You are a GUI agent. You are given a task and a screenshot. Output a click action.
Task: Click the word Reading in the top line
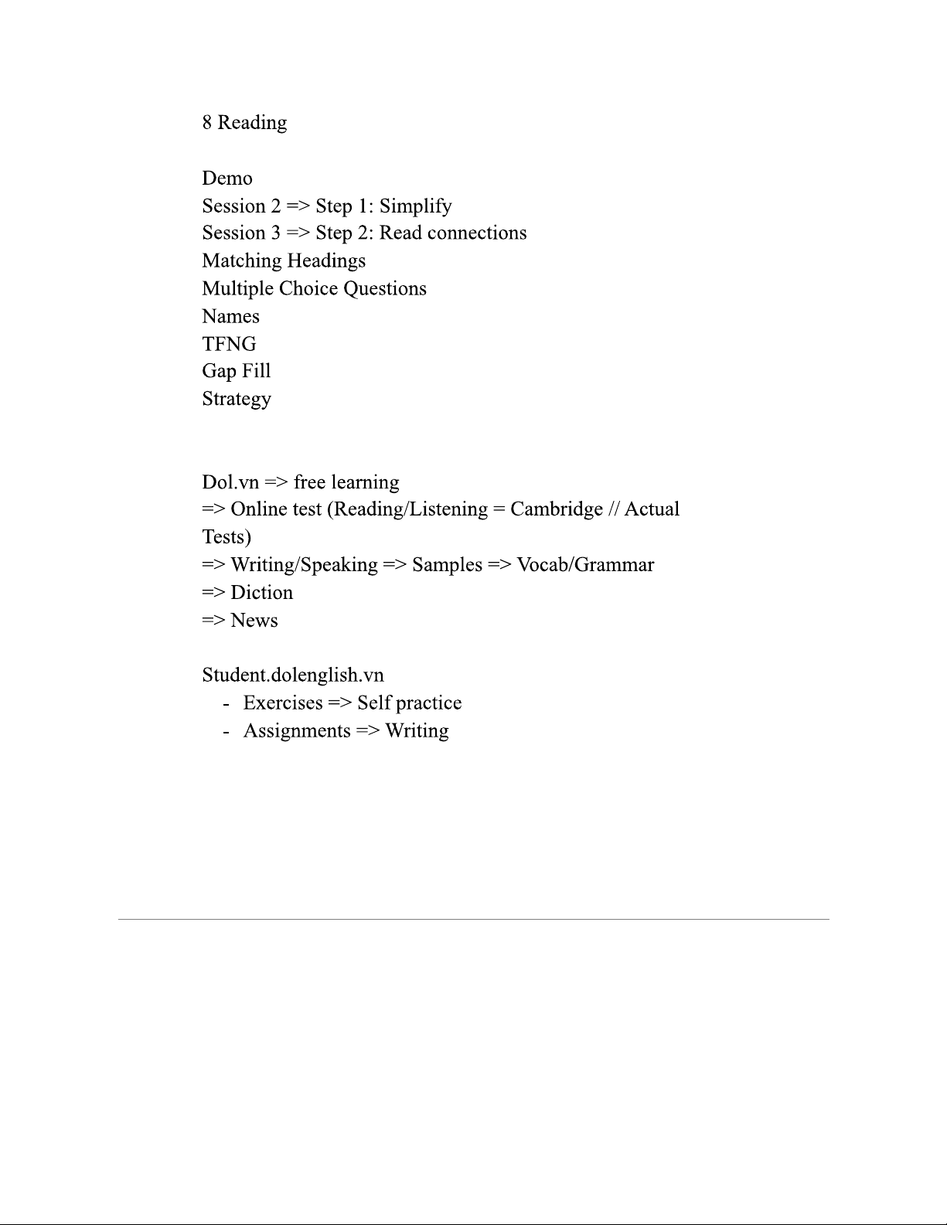coord(252,123)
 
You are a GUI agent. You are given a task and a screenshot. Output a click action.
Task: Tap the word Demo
coord(227,179)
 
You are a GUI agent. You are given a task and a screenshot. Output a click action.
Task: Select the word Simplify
coord(415,206)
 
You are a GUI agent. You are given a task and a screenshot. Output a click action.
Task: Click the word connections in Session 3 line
coord(477,233)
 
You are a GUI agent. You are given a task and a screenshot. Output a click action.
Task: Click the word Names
coord(230,317)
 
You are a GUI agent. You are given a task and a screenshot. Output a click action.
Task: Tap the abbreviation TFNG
coord(229,344)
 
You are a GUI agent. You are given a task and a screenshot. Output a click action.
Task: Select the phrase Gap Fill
coord(237,372)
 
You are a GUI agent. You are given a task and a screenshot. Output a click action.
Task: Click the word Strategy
coord(237,400)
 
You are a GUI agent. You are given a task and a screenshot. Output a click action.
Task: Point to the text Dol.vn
coord(230,482)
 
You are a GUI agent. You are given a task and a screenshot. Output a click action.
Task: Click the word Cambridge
coord(557,509)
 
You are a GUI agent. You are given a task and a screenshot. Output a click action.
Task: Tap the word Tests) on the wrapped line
coord(227,537)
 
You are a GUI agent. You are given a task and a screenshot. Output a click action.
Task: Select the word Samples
coord(447,565)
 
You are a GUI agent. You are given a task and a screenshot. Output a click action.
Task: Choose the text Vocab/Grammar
coord(585,565)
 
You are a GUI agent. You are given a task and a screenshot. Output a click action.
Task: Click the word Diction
coord(262,593)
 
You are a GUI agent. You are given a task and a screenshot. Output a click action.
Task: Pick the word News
coord(254,621)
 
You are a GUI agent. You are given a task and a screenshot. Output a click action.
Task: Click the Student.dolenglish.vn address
coord(293,675)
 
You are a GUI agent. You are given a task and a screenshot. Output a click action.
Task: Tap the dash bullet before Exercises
coord(226,704)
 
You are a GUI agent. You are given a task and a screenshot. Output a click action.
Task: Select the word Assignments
coord(297,731)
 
